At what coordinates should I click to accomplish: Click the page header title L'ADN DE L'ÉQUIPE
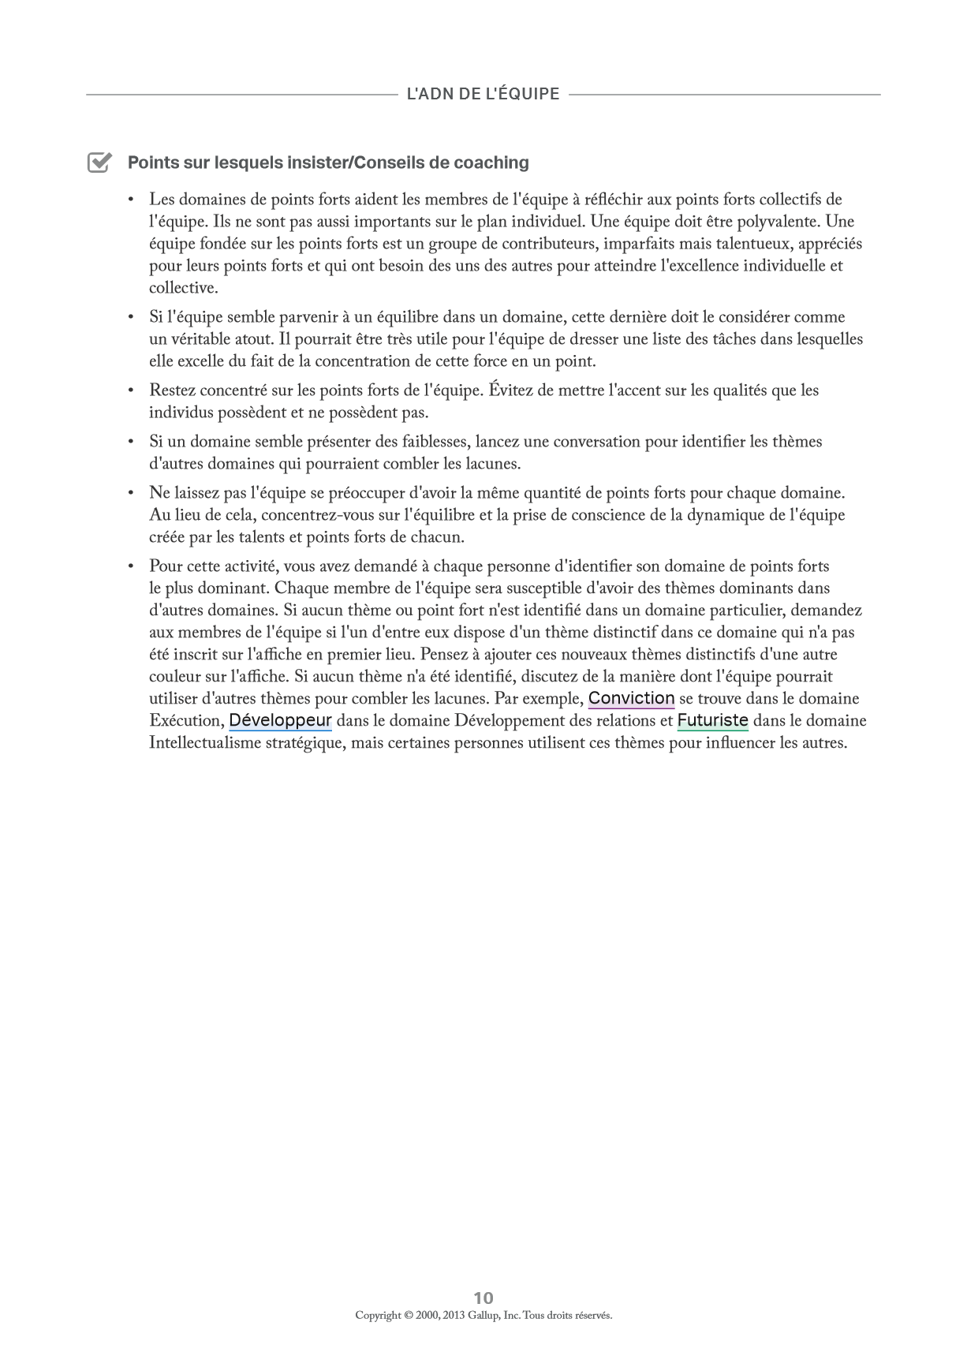[x=483, y=94]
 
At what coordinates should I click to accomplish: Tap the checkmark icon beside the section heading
[x=99, y=162]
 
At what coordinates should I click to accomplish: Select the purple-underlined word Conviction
[x=631, y=698]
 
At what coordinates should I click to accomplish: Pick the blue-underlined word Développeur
[x=280, y=720]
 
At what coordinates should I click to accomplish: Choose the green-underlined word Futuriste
[x=712, y=720]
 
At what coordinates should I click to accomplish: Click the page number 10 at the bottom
[x=484, y=1298]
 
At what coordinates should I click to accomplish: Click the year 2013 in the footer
[x=454, y=1315]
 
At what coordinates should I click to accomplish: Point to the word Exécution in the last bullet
[x=185, y=720]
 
